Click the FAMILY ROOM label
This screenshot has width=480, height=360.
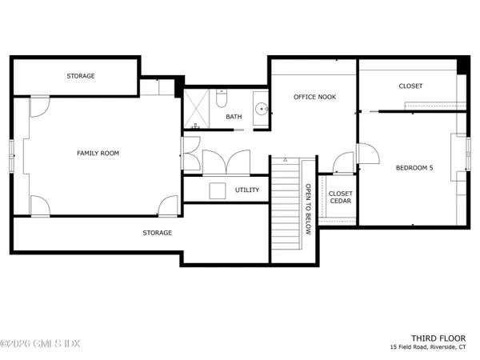tap(98, 153)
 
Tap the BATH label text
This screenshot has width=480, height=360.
tap(234, 117)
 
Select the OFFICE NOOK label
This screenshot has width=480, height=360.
tap(315, 96)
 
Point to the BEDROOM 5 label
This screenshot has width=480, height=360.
tap(414, 168)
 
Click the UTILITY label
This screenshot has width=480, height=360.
tap(247, 190)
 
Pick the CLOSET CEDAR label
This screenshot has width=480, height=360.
tap(341, 198)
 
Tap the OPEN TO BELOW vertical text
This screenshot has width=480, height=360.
tap(306, 208)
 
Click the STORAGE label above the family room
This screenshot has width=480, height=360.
tap(81, 76)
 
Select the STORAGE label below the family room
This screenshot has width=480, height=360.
tap(158, 233)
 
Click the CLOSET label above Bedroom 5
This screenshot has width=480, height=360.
tap(410, 86)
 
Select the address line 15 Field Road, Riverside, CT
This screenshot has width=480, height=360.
tap(432, 347)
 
